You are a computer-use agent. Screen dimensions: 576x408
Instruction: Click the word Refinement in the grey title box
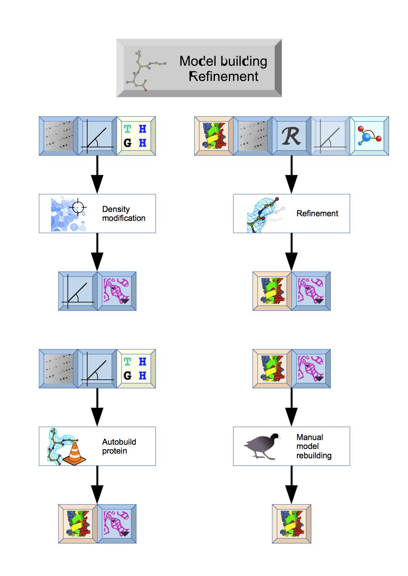coord(223,76)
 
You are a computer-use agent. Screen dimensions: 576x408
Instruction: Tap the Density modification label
coord(124,214)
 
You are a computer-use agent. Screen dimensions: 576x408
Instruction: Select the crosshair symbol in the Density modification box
coord(78,207)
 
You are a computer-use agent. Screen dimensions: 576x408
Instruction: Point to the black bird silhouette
coord(261,446)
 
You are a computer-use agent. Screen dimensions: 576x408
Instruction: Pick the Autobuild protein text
coord(119,446)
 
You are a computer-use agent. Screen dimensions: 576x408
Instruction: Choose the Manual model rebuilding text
coord(314,446)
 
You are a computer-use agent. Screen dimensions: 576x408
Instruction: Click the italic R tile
coord(291,136)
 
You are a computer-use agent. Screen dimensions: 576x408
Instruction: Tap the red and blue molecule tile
coord(369,136)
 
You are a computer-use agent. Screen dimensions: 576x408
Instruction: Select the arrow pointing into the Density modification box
coord(97,175)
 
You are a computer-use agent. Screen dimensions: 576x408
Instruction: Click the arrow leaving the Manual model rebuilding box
coord(291,485)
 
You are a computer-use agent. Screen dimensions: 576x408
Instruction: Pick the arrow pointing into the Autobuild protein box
coord(97,407)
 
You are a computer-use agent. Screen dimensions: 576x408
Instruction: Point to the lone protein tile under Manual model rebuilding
coord(291,524)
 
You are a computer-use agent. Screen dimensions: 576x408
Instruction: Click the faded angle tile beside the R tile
coord(330,136)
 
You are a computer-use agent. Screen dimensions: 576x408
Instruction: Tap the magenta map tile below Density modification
coord(117,291)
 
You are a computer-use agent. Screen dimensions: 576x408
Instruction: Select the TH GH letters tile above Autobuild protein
coord(136,368)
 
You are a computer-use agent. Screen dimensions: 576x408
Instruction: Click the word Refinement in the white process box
coord(317,213)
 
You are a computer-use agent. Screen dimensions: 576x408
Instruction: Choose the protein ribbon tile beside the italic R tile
coord(214,136)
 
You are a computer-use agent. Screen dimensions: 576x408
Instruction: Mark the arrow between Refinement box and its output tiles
coord(291,252)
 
